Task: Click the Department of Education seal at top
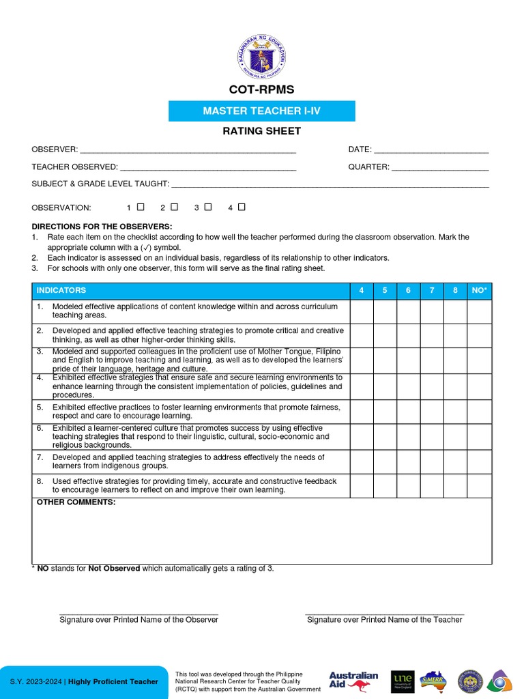pyautogui.click(x=262, y=57)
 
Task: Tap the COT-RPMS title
pyautogui.click(x=262, y=90)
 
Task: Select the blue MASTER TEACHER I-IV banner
pyautogui.click(x=262, y=111)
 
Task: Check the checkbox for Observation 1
pyautogui.click(x=141, y=207)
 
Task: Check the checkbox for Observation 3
pyautogui.click(x=208, y=207)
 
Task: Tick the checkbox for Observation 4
pyautogui.click(x=242, y=207)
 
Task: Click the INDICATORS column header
pyautogui.click(x=61, y=291)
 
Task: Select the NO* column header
pyautogui.click(x=479, y=291)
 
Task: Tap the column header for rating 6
pyautogui.click(x=408, y=291)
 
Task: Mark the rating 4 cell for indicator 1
pyautogui.click(x=362, y=312)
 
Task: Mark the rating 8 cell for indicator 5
pyautogui.click(x=455, y=412)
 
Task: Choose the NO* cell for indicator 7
pyautogui.click(x=479, y=462)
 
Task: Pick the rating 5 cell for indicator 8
pyautogui.click(x=385, y=485)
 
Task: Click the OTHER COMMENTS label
pyautogui.click(x=76, y=502)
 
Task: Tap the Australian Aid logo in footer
pyautogui.click(x=353, y=680)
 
